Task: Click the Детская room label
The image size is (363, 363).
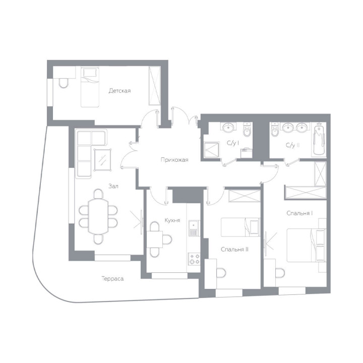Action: click(x=119, y=91)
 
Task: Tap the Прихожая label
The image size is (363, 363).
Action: click(x=174, y=160)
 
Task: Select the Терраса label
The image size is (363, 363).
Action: click(x=112, y=279)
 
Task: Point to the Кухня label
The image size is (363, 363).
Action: click(x=172, y=220)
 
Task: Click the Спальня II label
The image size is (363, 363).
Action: click(x=234, y=250)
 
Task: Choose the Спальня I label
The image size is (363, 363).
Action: click(x=299, y=213)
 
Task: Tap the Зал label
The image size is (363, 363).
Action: click(x=113, y=186)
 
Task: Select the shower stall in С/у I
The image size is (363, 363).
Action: click(x=211, y=150)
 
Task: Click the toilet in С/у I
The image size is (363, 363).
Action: click(x=247, y=130)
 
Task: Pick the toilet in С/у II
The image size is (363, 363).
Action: click(x=275, y=130)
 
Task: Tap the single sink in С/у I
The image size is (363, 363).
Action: click(x=228, y=127)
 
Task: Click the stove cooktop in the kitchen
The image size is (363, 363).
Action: click(x=194, y=259)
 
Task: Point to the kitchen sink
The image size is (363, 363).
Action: click(x=194, y=228)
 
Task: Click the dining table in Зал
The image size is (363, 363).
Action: click(x=98, y=216)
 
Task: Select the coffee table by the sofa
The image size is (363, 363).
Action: click(x=102, y=160)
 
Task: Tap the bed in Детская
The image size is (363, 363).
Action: click(x=90, y=87)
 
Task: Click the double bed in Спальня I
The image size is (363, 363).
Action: click(x=306, y=245)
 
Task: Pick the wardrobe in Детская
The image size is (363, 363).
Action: click(x=155, y=85)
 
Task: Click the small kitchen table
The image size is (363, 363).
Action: click(x=155, y=239)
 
